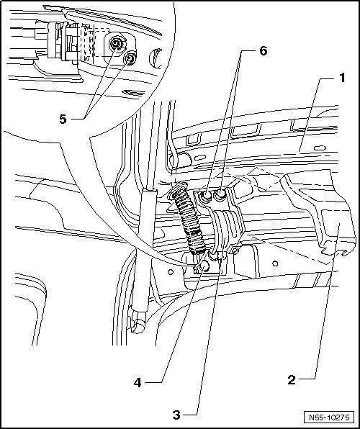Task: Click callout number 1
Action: (x=342, y=78)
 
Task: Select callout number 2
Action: (x=292, y=380)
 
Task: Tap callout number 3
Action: (x=176, y=415)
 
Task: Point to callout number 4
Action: (x=138, y=382)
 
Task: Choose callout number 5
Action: (x=63, y=119)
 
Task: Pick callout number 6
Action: (x=263, y=51)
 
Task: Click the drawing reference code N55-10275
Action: (x=329, y=417)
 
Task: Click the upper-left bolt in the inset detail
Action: (x=116, y=43)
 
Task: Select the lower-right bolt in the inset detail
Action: (x=130, y=58)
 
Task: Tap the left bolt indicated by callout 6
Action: (x=206, y=195)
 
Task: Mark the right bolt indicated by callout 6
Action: (x=220, y=194)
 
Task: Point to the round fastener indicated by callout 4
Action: (x=204, y=266)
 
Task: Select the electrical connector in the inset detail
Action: (x=65, y=42)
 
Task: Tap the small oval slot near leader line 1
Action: (x=320, y=148)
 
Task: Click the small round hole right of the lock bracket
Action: (x=276, y=263)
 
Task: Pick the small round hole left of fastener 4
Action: (x=171, y=272)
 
